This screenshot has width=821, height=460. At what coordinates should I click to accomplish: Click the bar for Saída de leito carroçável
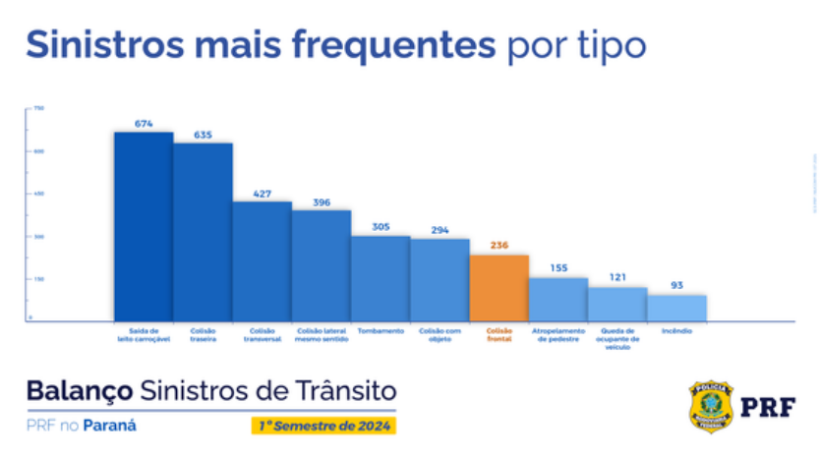point(144,226)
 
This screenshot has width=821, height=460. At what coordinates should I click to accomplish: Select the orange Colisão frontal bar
point(499,288)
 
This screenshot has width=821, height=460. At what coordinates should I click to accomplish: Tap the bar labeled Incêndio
point(676,308)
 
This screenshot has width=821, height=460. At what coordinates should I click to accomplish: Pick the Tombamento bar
point(381,278)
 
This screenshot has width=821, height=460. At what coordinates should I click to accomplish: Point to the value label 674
point(144,124)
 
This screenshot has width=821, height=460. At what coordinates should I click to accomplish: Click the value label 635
point(204,135)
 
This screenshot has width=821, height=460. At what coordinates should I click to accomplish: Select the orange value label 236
point(499,246)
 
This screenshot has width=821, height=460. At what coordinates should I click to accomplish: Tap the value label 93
point(676,286)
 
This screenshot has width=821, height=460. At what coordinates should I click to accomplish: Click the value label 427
point(263,194)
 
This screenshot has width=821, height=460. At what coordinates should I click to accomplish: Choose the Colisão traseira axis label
point(203,334)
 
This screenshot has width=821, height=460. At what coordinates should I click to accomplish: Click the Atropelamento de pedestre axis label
point(558,334)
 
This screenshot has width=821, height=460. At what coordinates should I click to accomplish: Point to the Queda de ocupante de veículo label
point(617,338)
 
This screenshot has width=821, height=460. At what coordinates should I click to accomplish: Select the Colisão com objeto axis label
point(440,334)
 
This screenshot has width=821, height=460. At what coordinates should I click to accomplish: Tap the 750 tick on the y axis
point(38,108)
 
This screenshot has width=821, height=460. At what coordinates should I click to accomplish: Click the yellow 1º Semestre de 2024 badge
point(324,426)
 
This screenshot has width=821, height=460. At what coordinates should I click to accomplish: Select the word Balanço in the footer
point(79,390)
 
